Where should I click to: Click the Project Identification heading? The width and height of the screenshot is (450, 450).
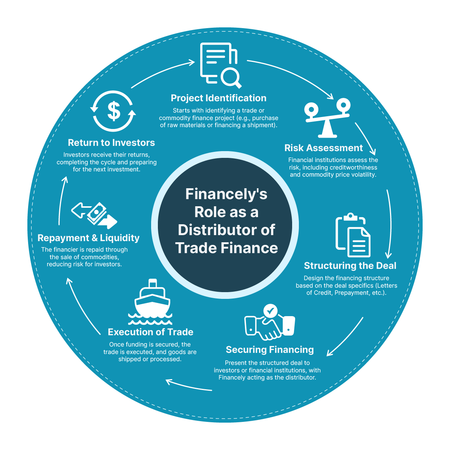(218, 98)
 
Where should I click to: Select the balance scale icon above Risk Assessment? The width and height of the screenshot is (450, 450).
(327, 118)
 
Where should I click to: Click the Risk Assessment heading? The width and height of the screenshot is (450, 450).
(323, 148)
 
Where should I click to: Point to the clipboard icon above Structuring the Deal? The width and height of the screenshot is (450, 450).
(353, 235)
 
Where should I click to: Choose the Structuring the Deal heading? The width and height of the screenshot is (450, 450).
(350, 266)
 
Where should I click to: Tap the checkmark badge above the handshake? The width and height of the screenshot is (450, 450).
(270, 311)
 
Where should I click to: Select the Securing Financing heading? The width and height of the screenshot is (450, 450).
(270, 350)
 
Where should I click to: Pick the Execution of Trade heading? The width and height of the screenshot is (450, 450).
(151, 332)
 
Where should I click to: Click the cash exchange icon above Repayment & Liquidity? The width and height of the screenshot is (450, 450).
(94, 215)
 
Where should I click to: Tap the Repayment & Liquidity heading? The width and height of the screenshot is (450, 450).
(88, 238)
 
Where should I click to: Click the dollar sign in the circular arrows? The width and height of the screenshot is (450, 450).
(114, 111)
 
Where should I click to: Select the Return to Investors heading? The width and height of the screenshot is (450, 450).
(111, 142)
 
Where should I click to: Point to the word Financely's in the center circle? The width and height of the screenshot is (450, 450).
(226, 194)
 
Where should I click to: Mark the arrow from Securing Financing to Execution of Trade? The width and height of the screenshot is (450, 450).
(189, 385)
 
